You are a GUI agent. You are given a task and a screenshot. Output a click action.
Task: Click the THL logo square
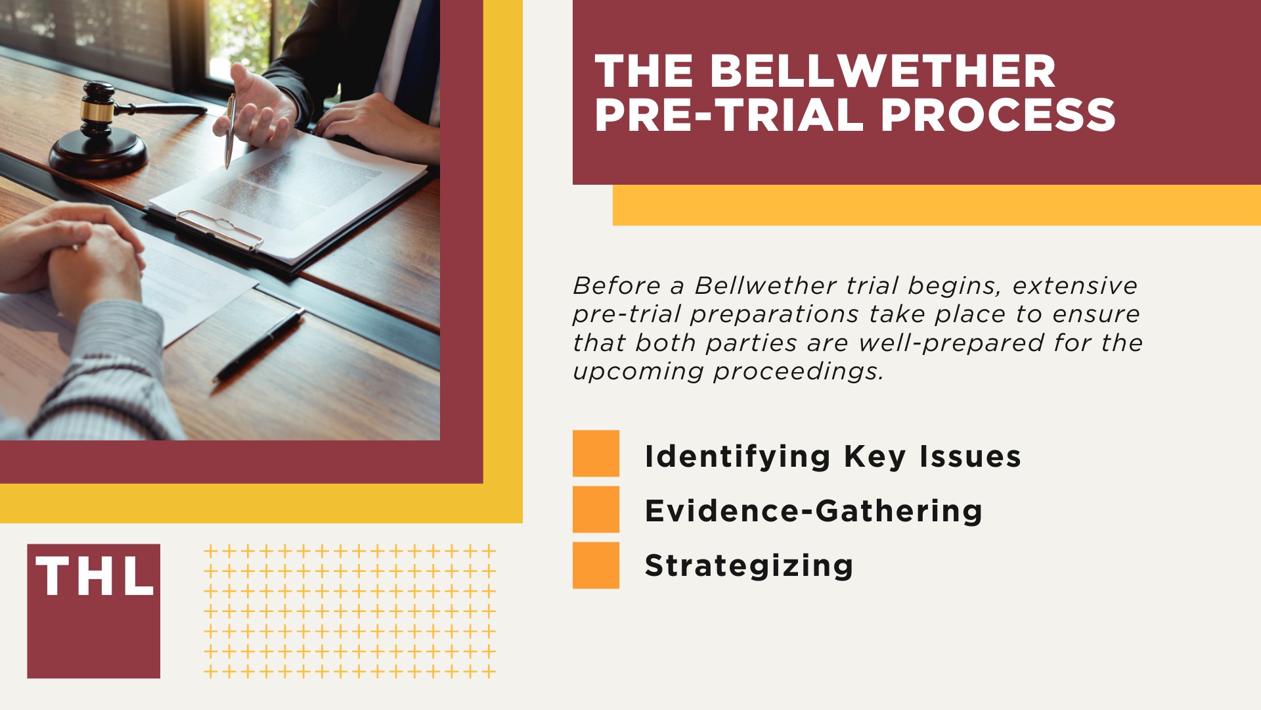93,611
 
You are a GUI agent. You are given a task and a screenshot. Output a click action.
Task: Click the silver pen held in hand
230,131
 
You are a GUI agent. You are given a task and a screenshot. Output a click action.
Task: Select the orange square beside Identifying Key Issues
596,454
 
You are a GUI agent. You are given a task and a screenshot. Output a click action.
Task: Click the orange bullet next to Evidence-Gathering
596,509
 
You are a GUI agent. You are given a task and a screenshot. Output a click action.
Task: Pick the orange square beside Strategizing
596,565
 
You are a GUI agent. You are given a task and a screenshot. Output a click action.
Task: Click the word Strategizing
749,566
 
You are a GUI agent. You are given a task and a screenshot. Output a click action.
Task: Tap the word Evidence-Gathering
813,511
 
